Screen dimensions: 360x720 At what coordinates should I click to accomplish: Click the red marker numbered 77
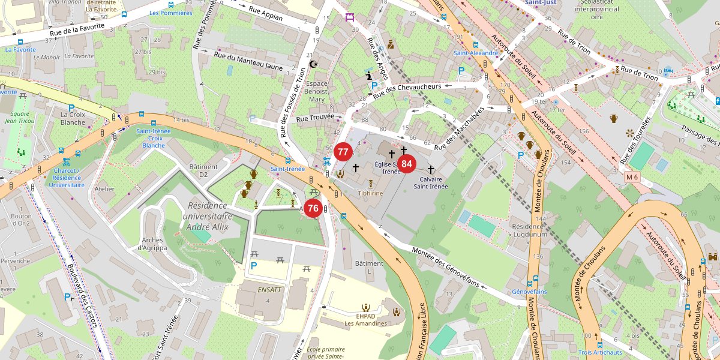pyautogui.click(x=343, y=152)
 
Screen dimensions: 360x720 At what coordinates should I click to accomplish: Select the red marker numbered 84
pyautogui.click(x=407, y=164)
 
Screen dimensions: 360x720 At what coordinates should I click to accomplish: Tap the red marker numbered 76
pyautogui.click(x=313, y=209)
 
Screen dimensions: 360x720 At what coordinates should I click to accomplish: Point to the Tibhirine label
pyautogui.click(x=370, y=194)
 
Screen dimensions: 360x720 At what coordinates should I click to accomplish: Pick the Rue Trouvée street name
pyautogui.click(x=315, y=118)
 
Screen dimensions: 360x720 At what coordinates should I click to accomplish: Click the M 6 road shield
pyautogui.click(x=632, y=177)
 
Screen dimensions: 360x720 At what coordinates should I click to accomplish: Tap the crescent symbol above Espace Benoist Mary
pyautogui.click(x=312, y=64)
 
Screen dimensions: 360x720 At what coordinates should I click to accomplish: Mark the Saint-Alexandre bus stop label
pyautogui.click(x=476, y=53)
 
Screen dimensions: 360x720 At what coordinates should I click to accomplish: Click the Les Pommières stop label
pyautogui.click(x=170, y=13)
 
